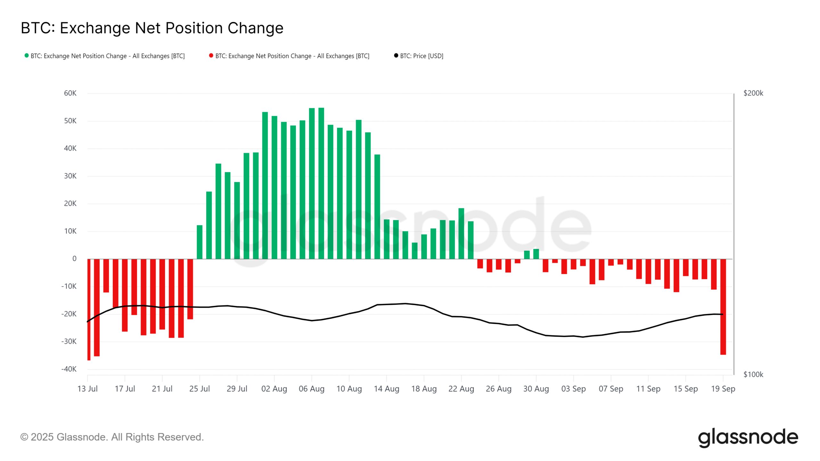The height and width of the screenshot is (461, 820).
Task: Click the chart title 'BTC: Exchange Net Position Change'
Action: (152, 28)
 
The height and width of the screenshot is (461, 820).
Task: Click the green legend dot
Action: (27, 56)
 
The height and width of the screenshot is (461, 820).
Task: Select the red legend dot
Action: (211, 56)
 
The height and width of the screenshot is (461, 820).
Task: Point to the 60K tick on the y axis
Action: (70, 93)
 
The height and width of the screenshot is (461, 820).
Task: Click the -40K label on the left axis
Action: (69, 369)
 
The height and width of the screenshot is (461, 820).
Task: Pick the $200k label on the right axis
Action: (753, 93)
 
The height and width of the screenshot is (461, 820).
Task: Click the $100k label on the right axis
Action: (753, 374)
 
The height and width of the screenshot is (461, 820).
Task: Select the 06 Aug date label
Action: (311, 389)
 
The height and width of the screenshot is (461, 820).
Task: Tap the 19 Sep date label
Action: (723, 389)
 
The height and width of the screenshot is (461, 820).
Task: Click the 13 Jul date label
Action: (87, 389)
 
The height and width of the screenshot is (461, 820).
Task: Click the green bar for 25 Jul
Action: (200, 242)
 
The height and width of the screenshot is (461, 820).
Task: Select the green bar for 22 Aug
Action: (461, 234)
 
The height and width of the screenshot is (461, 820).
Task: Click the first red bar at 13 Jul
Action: (89, 309)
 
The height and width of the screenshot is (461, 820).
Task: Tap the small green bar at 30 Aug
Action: (536, 254)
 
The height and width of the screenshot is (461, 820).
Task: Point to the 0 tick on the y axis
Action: (74, 259)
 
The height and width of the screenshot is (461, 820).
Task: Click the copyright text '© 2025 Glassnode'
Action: (112, 437)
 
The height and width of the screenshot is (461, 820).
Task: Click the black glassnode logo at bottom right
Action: (748, 438)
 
